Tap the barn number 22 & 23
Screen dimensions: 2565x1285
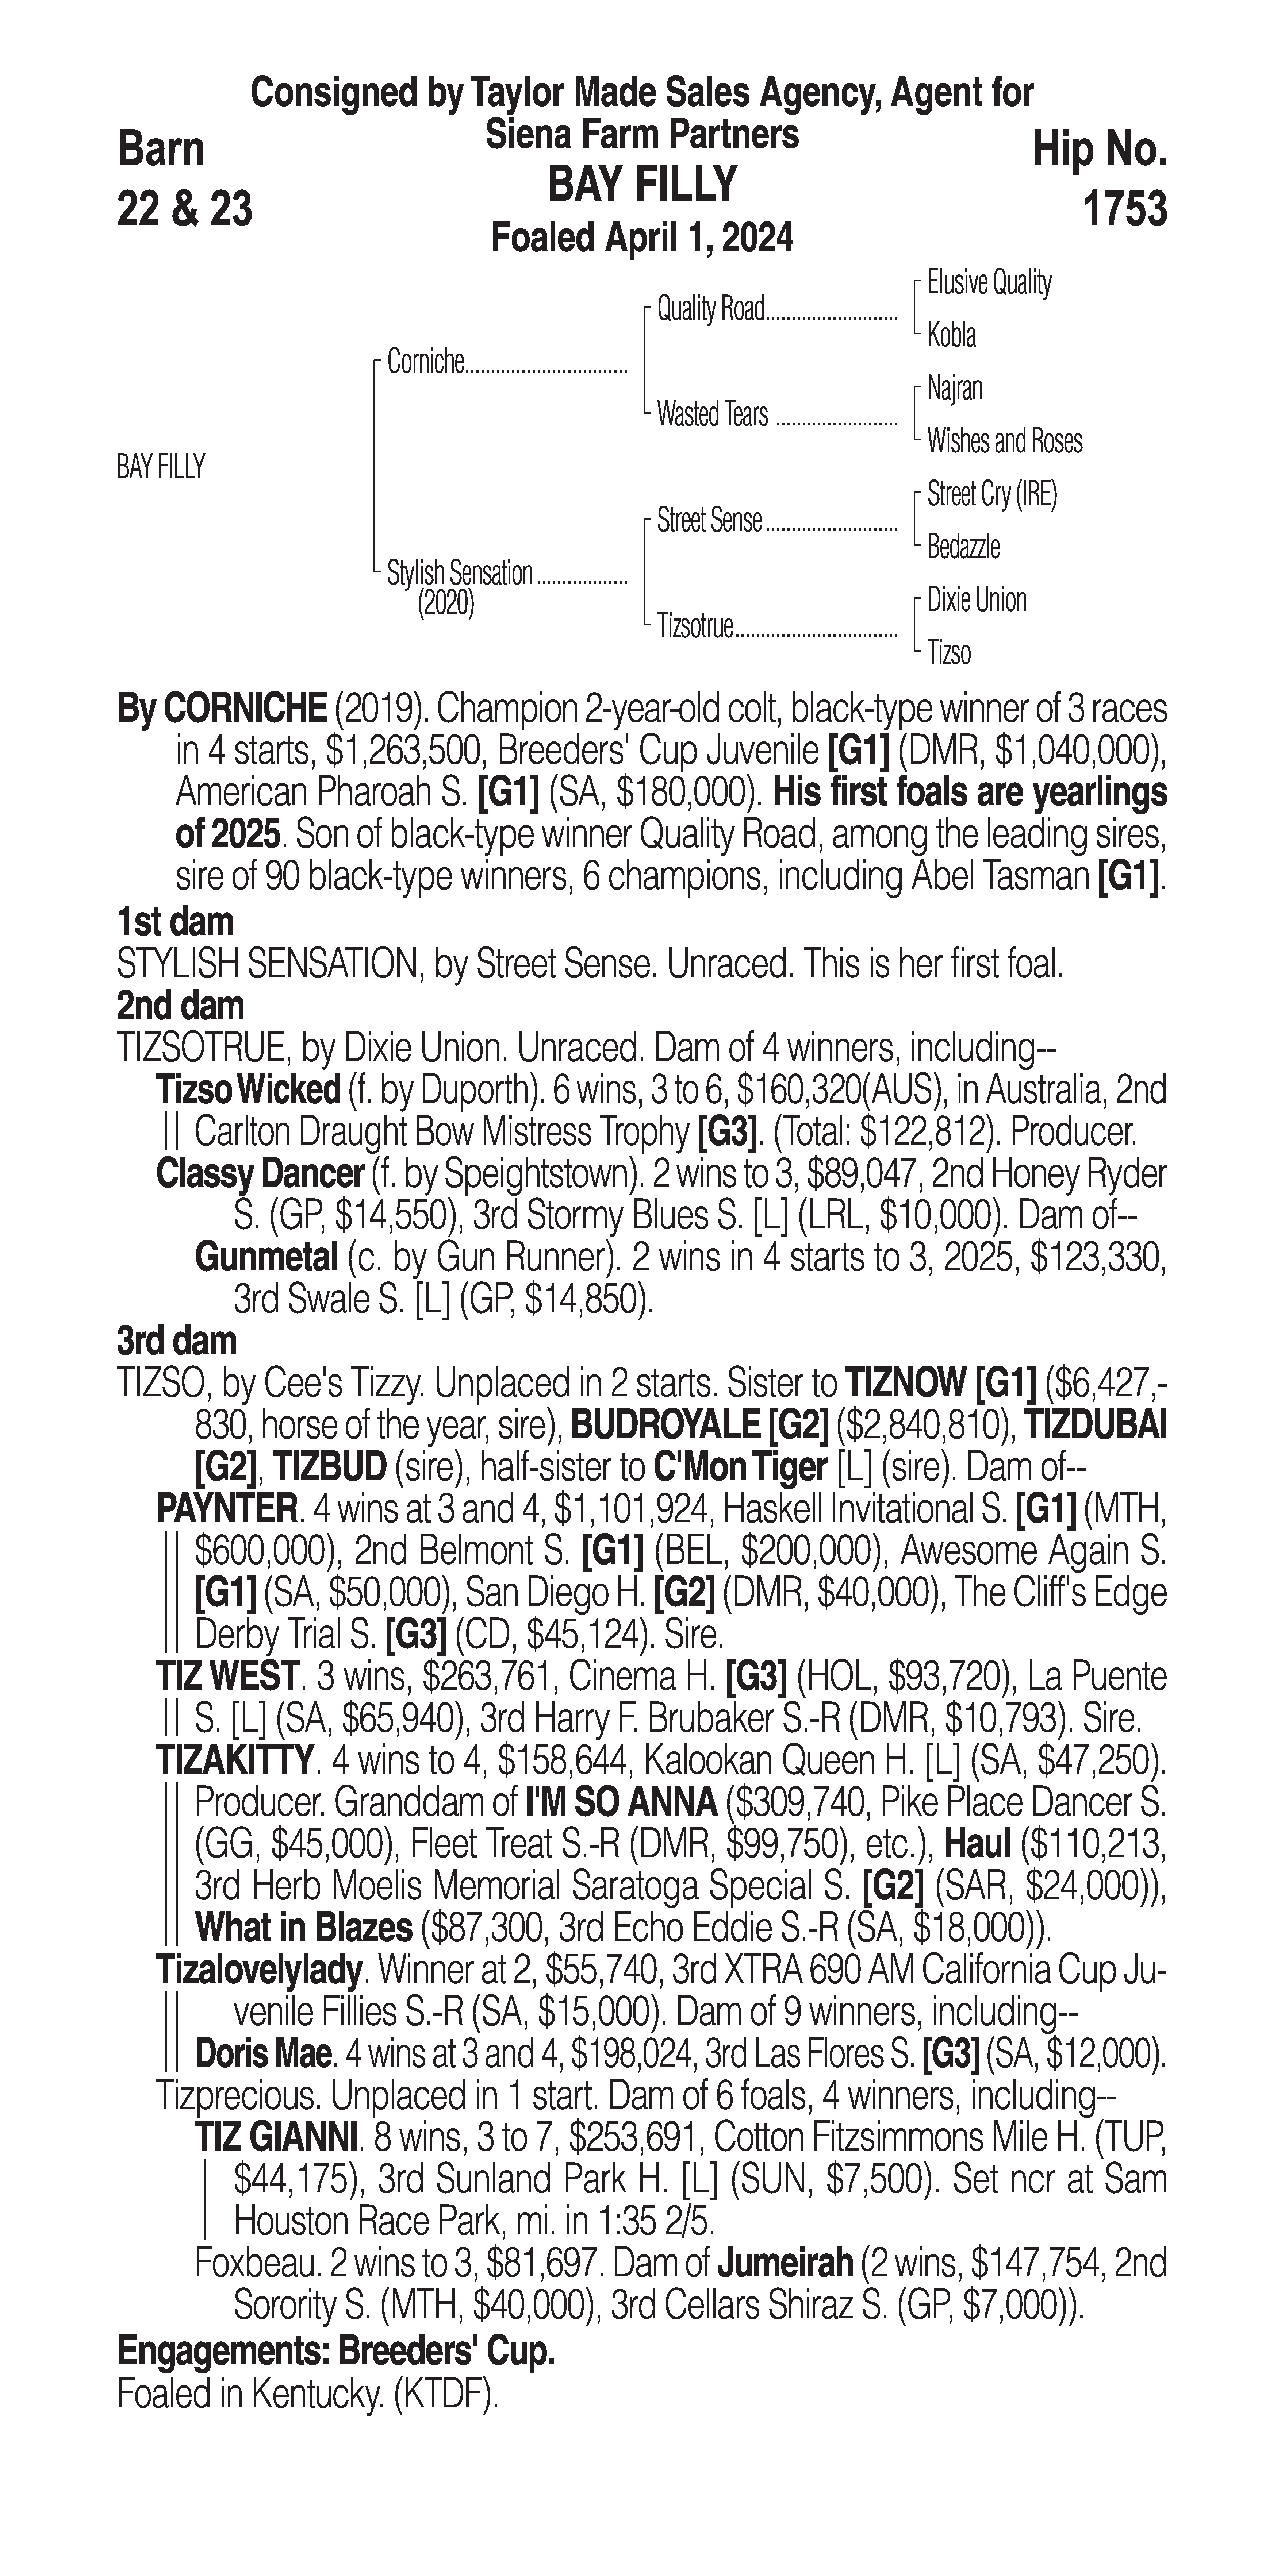point(184,209)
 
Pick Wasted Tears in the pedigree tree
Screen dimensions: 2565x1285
point(712,414)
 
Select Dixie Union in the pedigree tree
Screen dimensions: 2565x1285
point(976,599)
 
